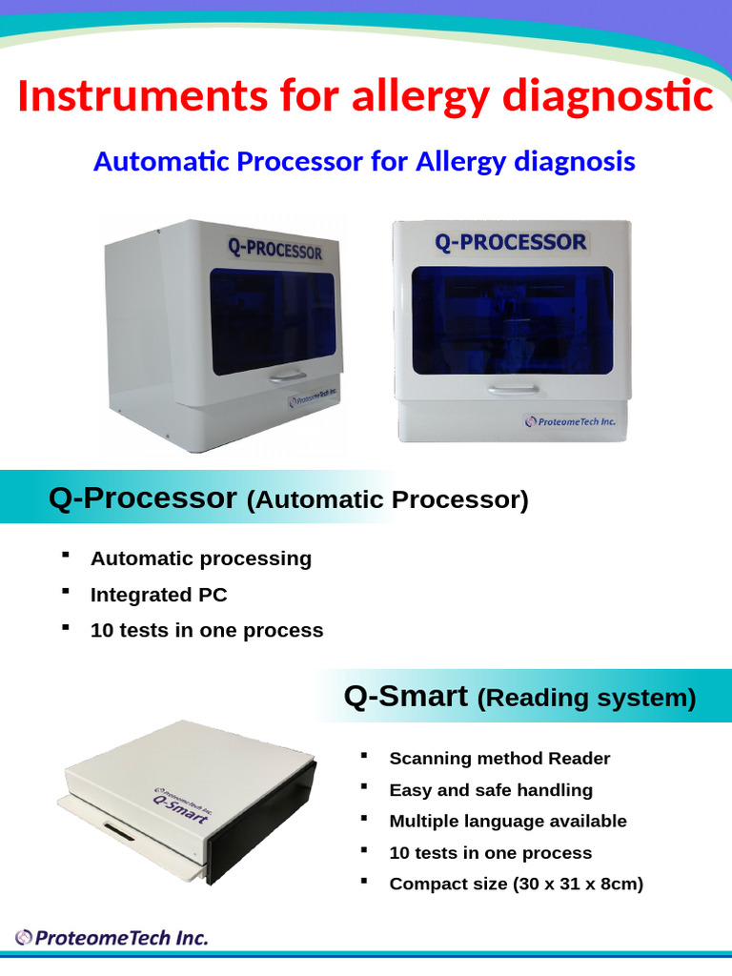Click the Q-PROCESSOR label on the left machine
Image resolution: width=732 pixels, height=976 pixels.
[x=274, y=249]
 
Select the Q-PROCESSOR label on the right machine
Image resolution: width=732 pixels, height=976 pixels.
[x=510, y=242]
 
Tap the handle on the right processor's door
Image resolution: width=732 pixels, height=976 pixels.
[x=513, y=388]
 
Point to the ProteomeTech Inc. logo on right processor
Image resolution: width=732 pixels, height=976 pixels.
[x=569, y=420]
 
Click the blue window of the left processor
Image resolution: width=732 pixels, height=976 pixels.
[x=273, y=318]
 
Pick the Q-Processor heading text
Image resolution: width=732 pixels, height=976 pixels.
[x=143, y=498]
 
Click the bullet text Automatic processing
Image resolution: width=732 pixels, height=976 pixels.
[x=201, y=559]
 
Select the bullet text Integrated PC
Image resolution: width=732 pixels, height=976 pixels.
[x=159, y=595]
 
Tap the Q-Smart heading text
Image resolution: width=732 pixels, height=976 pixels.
[x=405, y=697]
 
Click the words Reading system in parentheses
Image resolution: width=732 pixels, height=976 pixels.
[x=586, y=699]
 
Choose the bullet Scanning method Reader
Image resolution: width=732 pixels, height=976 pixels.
[x=499, y=759]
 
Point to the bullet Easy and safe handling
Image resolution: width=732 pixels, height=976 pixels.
[x=491, y=790]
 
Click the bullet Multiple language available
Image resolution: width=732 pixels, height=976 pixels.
[x=508, y=821]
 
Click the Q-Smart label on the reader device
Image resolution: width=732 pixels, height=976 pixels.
[x=182, y=808]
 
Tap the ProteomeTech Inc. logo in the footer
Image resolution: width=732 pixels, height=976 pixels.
[x=112, y=938]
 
